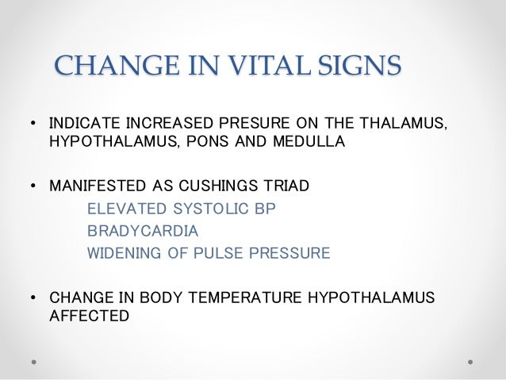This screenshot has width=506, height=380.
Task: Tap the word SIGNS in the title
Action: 355,66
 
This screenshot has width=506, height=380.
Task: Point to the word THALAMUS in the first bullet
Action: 404,125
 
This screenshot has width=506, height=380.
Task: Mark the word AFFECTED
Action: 88,315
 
